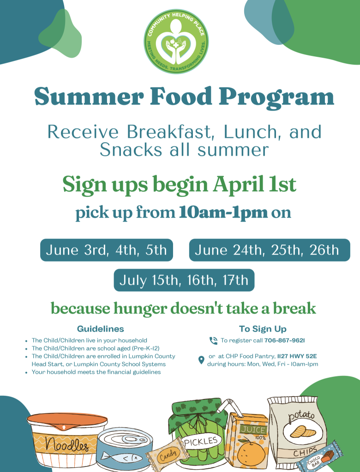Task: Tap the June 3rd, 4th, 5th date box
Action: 107,250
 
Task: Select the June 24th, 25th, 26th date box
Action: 270,250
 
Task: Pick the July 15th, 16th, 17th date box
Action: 184,280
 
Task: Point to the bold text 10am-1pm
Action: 223,212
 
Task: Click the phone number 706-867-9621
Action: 285,340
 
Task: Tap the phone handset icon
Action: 213,341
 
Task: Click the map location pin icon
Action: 201,360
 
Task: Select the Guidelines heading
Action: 100,329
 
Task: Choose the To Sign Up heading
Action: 263,329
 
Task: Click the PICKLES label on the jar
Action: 201,442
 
